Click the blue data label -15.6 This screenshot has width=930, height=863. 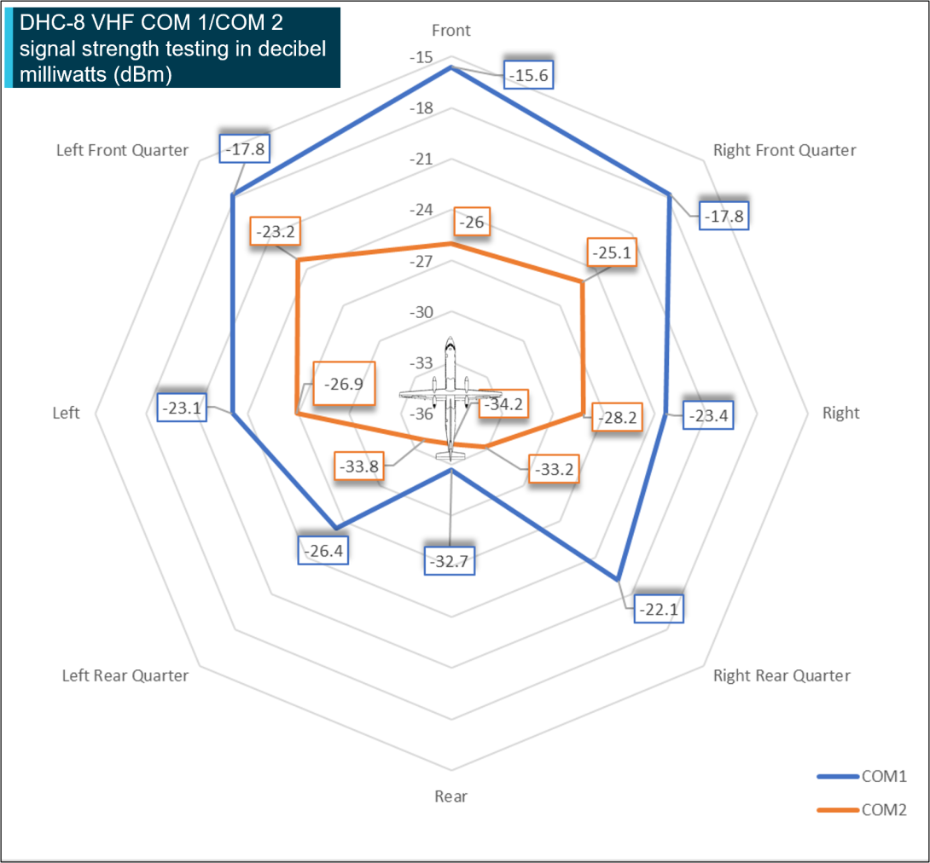tap(529, 75)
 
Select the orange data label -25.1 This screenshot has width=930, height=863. tap(613, 253)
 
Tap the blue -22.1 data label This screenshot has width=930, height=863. tap(660, 610)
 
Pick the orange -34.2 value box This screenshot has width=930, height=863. tap(502, 404)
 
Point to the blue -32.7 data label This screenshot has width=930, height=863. tap(450, 561)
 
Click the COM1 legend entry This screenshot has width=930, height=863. tap(861, 776)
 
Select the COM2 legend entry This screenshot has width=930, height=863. tap(861, 809)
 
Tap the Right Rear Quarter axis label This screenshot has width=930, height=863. tap(782, 675)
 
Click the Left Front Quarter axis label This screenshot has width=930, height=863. tap(122, 150)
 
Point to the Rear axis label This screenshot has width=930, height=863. tap(450, 796)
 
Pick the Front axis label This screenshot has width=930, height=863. tap(450, 31)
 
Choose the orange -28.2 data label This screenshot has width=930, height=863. tap(615, 419)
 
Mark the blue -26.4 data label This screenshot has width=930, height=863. tap(323, 551)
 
